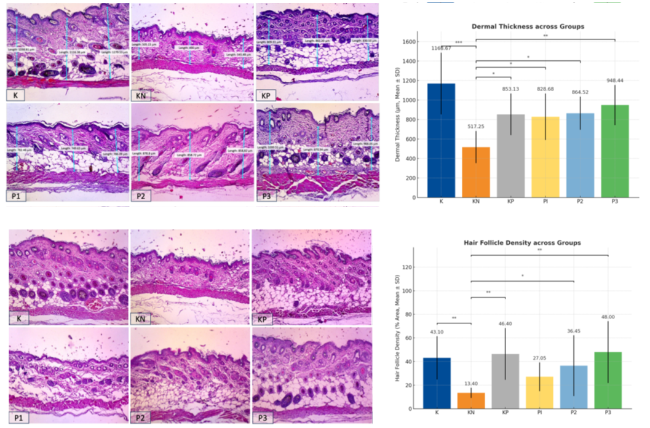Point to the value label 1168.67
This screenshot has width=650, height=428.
441,48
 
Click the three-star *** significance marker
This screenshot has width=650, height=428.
459,42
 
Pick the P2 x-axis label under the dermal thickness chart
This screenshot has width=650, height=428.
581,202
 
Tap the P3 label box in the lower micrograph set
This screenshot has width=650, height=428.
264,418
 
